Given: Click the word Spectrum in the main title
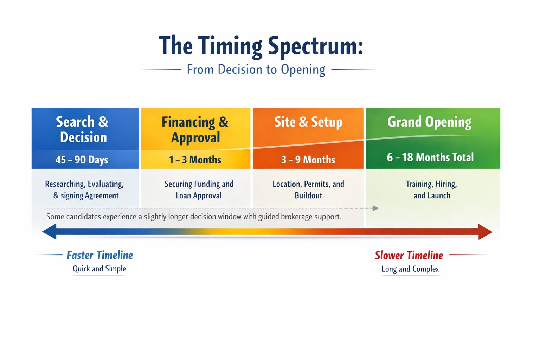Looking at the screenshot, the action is (x=315, y=46).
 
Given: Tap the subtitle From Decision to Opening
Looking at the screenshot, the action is (x=256, y=69).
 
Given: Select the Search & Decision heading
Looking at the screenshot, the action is (x=83, y=129).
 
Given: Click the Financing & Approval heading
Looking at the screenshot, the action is (x=195, y=130).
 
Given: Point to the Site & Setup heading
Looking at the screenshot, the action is (x=308, y=122).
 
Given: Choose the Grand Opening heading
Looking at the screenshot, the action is (x=429, y=122).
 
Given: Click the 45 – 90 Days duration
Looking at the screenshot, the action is (x=82, y=160).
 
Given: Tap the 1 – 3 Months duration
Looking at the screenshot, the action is (x=195, y=160).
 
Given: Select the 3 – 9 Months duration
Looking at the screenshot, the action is (x=308, y=160).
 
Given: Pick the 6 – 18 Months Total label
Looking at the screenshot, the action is (x=430, y=157).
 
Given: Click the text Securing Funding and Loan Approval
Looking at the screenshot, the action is (x=199, y=189).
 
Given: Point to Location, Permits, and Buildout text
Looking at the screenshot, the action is (x=308, y=189).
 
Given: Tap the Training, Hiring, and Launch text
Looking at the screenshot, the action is (x=432, y=189).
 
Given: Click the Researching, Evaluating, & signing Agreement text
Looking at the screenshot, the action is (x=85, y=189).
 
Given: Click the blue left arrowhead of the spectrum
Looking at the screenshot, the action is (x=50, y=232).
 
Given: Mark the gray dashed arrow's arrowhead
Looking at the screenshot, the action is (x=375, y=208).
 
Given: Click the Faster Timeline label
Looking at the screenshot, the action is (x=100, y=255).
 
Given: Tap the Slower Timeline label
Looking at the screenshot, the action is (x=409, y=255).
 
